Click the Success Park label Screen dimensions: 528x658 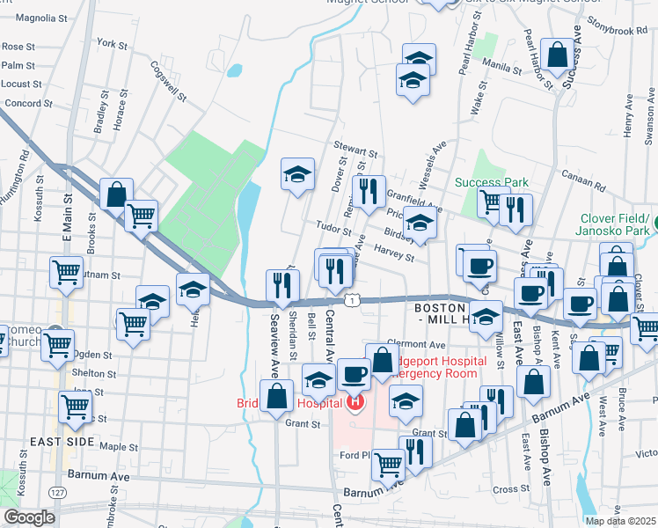point(492,182)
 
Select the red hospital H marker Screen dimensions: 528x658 point(355,404)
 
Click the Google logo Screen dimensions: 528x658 point(29,517)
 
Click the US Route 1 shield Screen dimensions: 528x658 point(351,301)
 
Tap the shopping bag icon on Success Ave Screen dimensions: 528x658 point(558,55)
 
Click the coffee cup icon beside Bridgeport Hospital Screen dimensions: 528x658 point(354,374)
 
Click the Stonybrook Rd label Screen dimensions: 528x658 point(618,30)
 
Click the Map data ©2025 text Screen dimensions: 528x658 point(620,521)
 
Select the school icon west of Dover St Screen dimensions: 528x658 point(297,173)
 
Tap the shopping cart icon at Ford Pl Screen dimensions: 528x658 point(388,464)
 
